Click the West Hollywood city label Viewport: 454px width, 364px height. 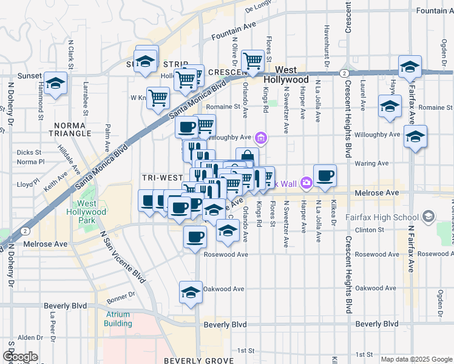point(294,75)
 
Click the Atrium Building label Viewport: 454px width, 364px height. point(118,319)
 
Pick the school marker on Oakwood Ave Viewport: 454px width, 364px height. point(191,292)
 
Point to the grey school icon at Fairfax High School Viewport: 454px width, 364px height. point(429,217)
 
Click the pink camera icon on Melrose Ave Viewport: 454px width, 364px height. point(307,182)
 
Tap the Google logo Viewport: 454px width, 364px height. point(19,357)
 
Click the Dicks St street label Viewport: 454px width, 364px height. point(29,152)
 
